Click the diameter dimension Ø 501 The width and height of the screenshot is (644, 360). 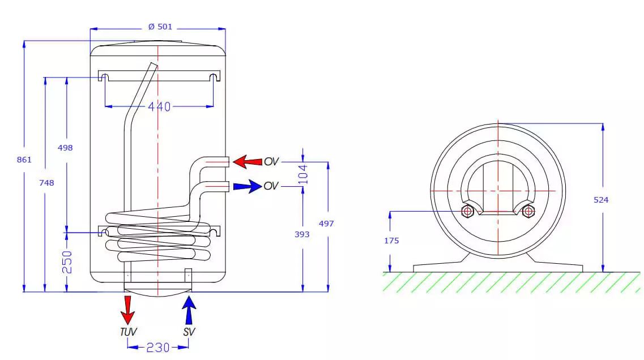point(160,27)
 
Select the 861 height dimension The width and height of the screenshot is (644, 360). point(24,160)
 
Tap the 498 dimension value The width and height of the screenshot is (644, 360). point(66,147)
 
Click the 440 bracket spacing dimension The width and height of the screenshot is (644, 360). point(159,106)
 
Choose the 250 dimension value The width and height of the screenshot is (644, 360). point(67,262)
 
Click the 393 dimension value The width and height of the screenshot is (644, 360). point(302,233)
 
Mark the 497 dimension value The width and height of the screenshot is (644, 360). point(326,223)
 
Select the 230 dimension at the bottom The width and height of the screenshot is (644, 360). point(158,347)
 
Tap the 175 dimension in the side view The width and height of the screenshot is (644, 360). point(391,241)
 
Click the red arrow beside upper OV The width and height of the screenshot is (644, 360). point(247,162)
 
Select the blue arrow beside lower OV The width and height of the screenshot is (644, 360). point(247,186)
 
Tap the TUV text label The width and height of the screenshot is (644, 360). point(128,332)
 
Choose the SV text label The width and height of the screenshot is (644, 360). point(189,332)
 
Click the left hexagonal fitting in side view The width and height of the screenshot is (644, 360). point(468,212)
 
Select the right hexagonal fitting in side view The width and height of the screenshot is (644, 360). point(528,212)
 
